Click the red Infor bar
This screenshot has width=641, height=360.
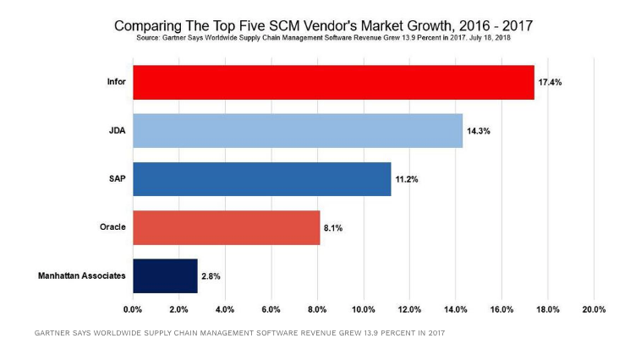click(x=333, y=82)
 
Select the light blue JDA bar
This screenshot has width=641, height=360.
click(x=298, y=130)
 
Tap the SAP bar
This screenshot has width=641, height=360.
click(x=261, y=179)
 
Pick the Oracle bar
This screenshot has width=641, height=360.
click(x=226, y=227)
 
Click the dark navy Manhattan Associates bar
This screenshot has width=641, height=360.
click(x=165, y=275)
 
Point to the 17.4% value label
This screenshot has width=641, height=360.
click(x=551, y=83)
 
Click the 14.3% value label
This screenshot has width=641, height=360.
click(x=479, y=131)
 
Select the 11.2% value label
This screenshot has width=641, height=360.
click(x=407, y=179)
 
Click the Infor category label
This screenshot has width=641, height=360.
click(x=116, y=82)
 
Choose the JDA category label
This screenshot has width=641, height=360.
click(x=117, y=130)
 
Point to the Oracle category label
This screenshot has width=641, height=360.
click(x=112, y=227)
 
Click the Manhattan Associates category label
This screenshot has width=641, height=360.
click(x=82, y=275)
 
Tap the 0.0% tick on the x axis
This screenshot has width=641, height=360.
click(x=133, y=309)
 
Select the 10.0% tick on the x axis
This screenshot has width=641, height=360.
click(x=364, y=309)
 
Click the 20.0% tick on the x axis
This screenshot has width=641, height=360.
click(x=594, y=309)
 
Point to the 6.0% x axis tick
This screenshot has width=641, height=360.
click(x=271, y=309)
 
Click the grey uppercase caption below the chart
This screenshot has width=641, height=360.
click(x=239, y=332)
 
